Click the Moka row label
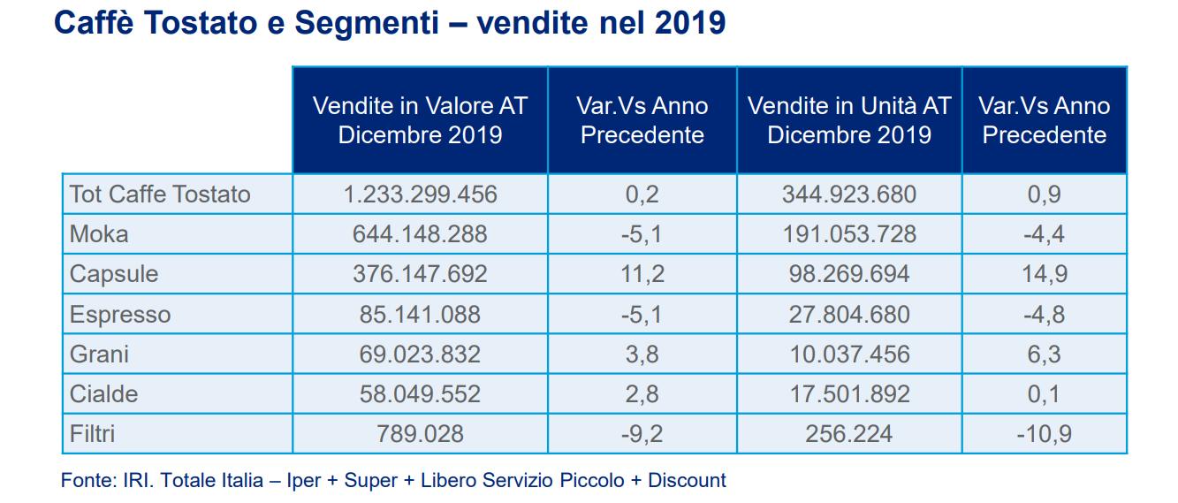coord(99,234)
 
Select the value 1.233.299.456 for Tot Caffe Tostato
coord(420,194)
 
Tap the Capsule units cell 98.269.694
coord(849,274)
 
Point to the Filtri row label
coord(92,434)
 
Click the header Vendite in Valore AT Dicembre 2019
coord(420,120)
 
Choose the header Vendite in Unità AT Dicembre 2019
coord(849,120)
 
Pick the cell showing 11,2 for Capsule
coord(642,274)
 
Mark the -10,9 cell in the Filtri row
coord(1045,434)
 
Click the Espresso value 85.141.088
coord(420,315)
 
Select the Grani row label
coord(99,354)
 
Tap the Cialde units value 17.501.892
coord(849,394)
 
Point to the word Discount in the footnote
coord(687,480)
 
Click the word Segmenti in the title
coord(367,24)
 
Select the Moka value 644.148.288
coord(420,234)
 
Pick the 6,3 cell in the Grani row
coord(1045,354)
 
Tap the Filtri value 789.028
coord(420,434)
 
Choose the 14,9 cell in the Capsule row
coord(1045,274)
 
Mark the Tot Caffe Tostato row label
coord(160,194)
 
